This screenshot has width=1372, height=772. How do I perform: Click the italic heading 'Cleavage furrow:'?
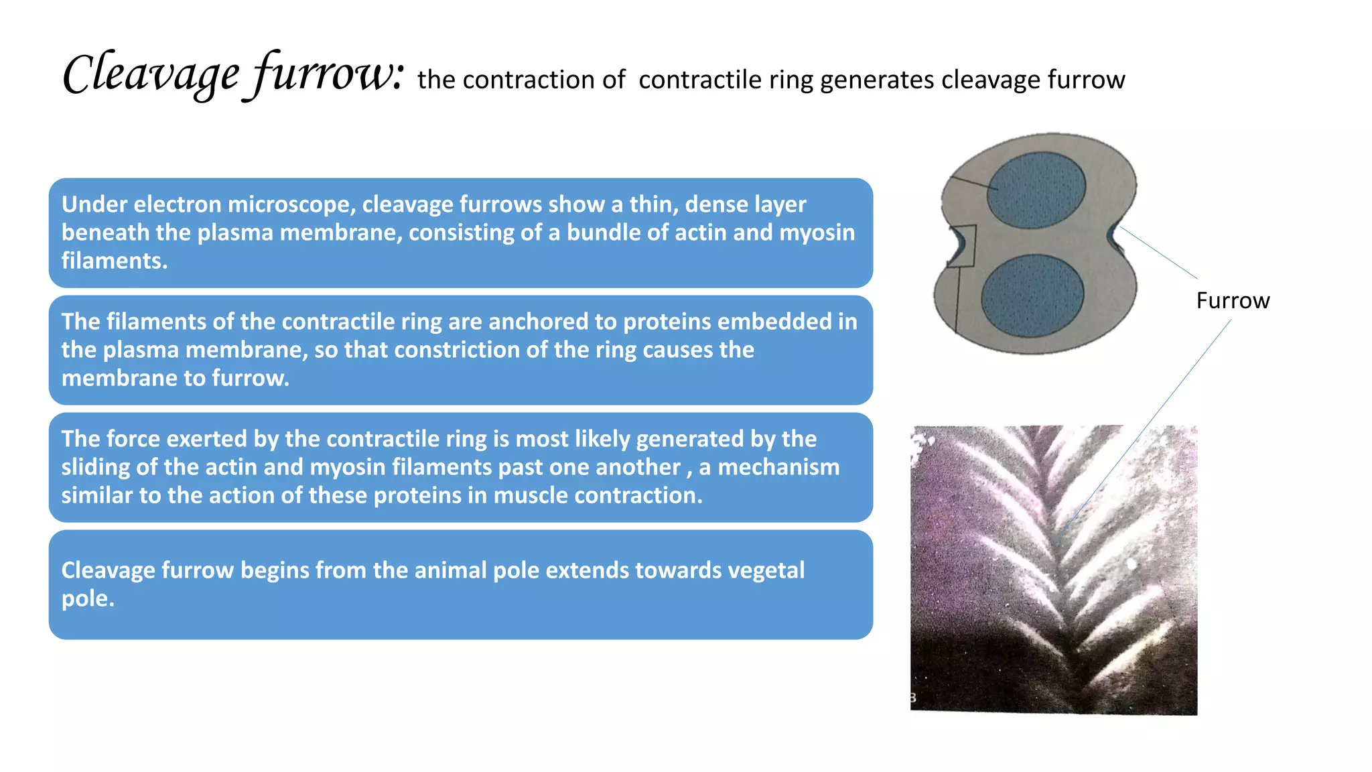click(x=233, y=75)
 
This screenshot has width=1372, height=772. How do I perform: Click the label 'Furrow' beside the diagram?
click(x=1233, y=301)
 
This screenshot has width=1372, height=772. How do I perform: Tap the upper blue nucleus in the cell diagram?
click(x=1036, y=190)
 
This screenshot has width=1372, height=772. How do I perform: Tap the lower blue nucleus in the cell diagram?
click(x=1032, y=296)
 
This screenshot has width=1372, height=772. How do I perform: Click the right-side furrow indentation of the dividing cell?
click(x=1113, y=235)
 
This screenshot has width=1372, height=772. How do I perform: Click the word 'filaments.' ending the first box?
click(x=115, y=261)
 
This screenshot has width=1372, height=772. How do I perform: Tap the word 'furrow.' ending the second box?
click(x=251, y=378)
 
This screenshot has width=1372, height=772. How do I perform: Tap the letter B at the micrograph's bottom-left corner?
click(x=913, y=698)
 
